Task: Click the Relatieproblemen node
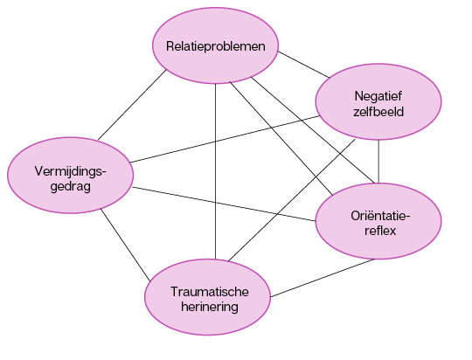tap(216, 45)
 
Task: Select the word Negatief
tap(378, 97)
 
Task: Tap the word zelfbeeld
tap(378, 112)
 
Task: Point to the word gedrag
tap(71, 187)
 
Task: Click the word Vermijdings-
tap(71, 171)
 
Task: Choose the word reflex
tap(380, 231)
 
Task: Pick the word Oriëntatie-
tap(380, 216)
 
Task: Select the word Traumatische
tap(210, 292)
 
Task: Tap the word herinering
tap(210, 307)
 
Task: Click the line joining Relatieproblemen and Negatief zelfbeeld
tap(303, 65)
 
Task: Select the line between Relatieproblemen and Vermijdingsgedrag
tap(132, 105)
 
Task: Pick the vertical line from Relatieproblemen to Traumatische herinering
tap(216, 171)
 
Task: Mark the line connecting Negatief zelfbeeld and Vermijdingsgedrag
tap(225, 139)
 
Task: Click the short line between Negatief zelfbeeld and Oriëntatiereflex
tap(378, 162)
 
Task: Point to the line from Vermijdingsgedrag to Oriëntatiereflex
tap(224, 204)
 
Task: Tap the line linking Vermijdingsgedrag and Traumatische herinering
tap(125, 245)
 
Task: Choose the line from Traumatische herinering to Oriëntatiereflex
tap(323, 278)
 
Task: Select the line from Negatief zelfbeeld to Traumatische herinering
tap(292, 200)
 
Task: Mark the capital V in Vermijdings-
tap(39, 171)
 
